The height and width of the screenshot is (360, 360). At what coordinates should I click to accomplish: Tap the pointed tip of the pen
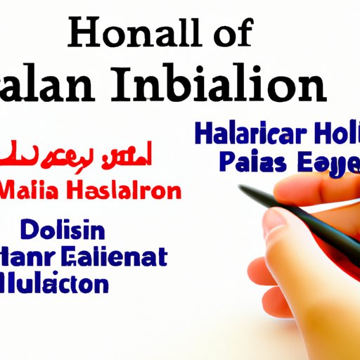(241, 187)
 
